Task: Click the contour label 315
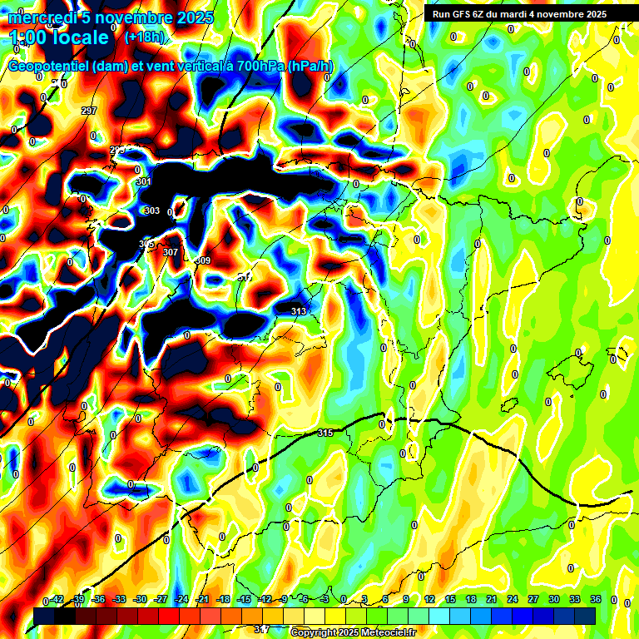point(325,433)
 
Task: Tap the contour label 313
point(299,311)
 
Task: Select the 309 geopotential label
point(203,261)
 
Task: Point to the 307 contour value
point(171,252)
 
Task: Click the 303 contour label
point(151,211)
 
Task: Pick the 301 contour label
point(144,182)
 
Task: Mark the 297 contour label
point(89,111)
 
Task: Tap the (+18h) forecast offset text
point(144,37)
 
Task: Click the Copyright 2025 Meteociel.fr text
point(353,632)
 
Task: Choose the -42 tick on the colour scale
point(56,599)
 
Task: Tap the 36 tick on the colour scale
point(595,599)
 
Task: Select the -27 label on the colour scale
point(161,599)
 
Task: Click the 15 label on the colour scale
point(449,599)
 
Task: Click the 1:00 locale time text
point(60,37)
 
